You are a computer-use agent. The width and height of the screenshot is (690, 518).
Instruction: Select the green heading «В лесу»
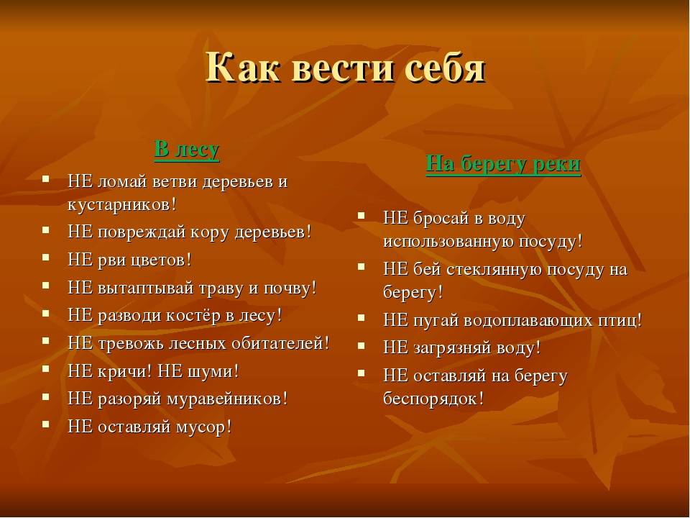[x=187, y=150]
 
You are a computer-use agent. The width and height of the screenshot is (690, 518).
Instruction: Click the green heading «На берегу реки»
[x=503, y=164]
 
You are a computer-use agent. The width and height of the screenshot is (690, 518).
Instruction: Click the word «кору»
[x=210, y=232]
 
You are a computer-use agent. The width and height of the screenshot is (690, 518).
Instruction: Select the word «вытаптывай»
[x=146, y=288]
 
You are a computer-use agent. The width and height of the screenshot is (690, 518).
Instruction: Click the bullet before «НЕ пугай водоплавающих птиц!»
[x=362, y=317]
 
